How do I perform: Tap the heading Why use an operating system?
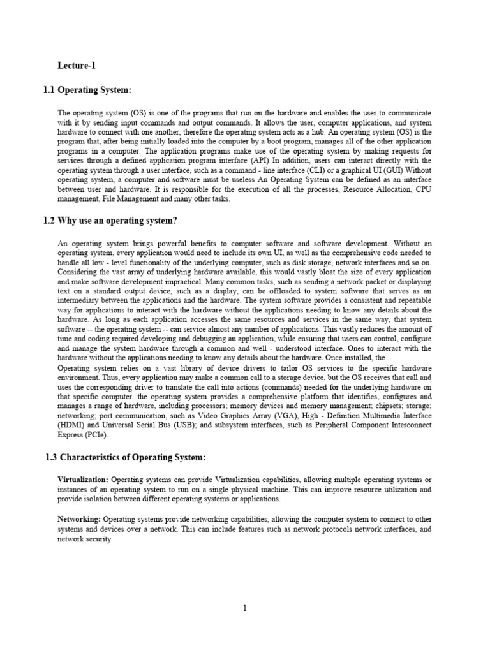(108, 221)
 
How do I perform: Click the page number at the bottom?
(244, 608)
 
